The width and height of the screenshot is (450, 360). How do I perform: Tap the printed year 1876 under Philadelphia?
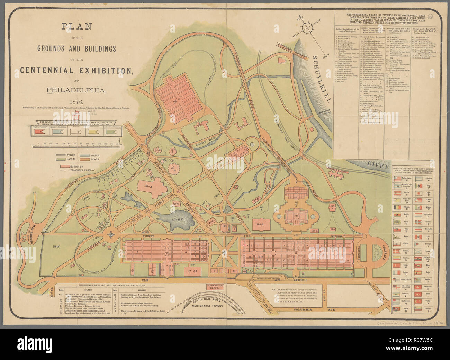pyautogui.click(x=76, y=102)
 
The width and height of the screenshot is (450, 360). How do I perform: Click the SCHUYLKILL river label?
pyautogui.click(x=323, y=78)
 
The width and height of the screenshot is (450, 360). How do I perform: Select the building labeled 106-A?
pyautogui.click(x=260, y=224)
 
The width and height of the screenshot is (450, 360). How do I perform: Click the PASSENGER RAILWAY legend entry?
pyautogui.click(x=82, y=170)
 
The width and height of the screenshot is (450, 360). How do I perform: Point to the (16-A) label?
pyautogui.click(x=56, y=246)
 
